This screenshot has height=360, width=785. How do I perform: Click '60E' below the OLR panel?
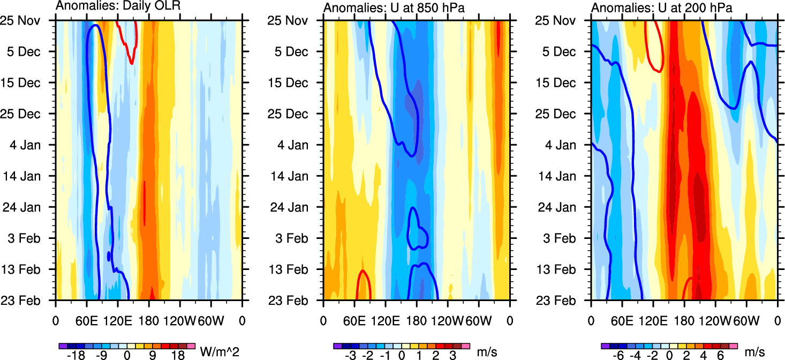(x=86, y=321)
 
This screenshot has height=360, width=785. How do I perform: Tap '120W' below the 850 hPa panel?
(x=447, y=321)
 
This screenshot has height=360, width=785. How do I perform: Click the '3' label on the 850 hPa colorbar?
(x=452, y=356)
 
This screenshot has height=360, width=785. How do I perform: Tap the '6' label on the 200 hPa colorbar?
(x=720, y=356)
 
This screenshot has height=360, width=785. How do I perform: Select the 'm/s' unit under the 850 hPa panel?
(x=487, y=352)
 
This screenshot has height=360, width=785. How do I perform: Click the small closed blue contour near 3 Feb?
(x=417, y=230)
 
